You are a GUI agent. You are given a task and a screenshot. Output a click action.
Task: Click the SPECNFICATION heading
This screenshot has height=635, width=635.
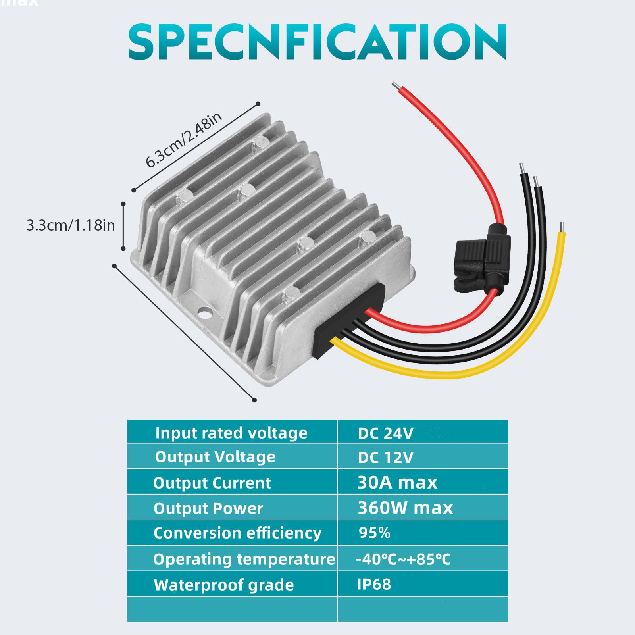(317, 42)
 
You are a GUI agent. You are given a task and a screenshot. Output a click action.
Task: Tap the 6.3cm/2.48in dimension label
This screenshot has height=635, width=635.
(183, 139)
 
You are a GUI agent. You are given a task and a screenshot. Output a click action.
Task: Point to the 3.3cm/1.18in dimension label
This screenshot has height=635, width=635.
(71, 225)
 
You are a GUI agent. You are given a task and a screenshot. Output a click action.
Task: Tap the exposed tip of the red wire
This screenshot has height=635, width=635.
(395, 86)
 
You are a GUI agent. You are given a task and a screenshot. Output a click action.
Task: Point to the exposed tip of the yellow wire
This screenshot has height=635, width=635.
(561, 227)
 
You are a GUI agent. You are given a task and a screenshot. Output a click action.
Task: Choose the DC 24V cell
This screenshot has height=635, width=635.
(385, 433)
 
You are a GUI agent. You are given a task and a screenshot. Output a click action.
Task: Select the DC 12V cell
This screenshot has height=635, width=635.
(385, 458)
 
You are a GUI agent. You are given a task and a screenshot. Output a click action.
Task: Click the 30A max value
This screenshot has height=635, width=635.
(397, 483)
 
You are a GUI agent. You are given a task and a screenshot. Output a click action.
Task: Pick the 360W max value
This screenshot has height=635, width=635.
(405, 508)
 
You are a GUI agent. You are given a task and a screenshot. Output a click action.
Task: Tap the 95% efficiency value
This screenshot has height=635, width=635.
(374, 533)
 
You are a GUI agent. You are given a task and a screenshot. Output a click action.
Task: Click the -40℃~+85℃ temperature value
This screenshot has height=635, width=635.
(403, 559)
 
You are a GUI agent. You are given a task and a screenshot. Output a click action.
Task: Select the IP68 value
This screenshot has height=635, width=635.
(374, 584)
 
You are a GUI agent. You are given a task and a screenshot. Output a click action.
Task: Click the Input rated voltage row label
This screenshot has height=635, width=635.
(231, 433)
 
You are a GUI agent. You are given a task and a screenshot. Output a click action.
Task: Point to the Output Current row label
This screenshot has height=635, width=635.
(212, 483)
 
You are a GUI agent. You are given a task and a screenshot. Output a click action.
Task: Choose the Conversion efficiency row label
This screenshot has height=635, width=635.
(237, 533)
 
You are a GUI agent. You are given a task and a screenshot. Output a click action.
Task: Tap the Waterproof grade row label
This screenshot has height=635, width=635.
(224, 585)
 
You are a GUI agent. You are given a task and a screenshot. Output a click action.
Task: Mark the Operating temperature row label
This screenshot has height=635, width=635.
(244, 559)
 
